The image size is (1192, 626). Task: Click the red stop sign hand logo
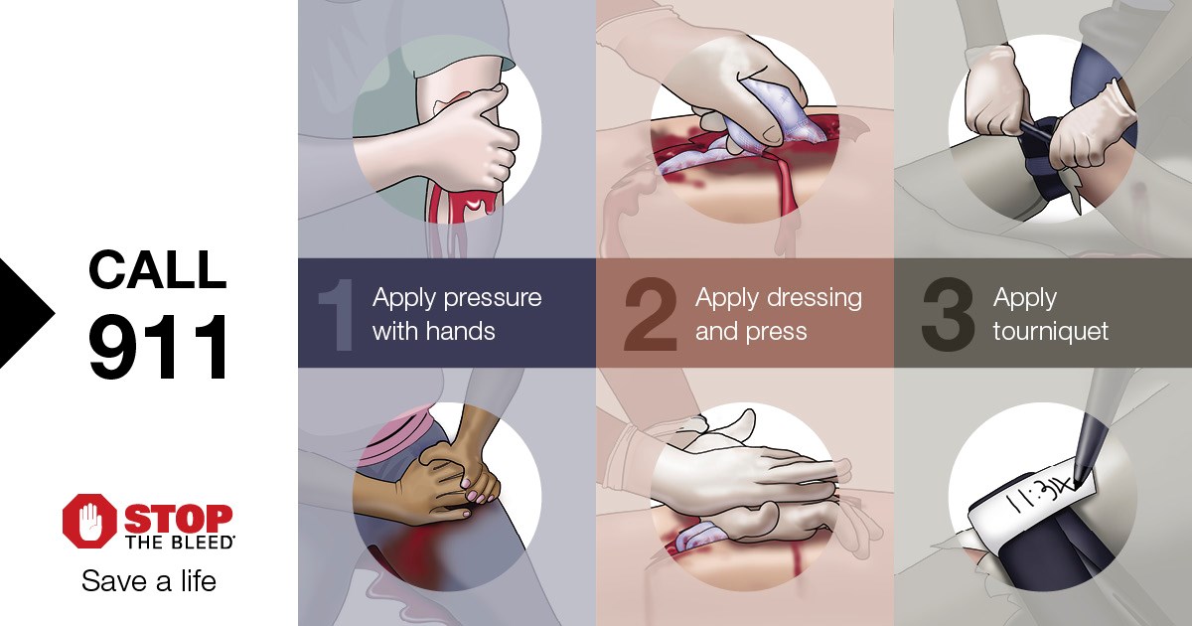pyautogui.click(x=89, y=523)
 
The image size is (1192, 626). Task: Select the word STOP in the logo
pyautogui.click(x=179, y=518)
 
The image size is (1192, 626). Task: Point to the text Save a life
pyautogui.click(x=149, y=581)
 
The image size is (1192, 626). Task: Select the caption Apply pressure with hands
pyautogui.click(x=456, y=314)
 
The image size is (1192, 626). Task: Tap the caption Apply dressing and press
pyautogui.click(x=778, y=314)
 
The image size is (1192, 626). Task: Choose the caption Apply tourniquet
pyautogui.click(x=1050, y=314)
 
